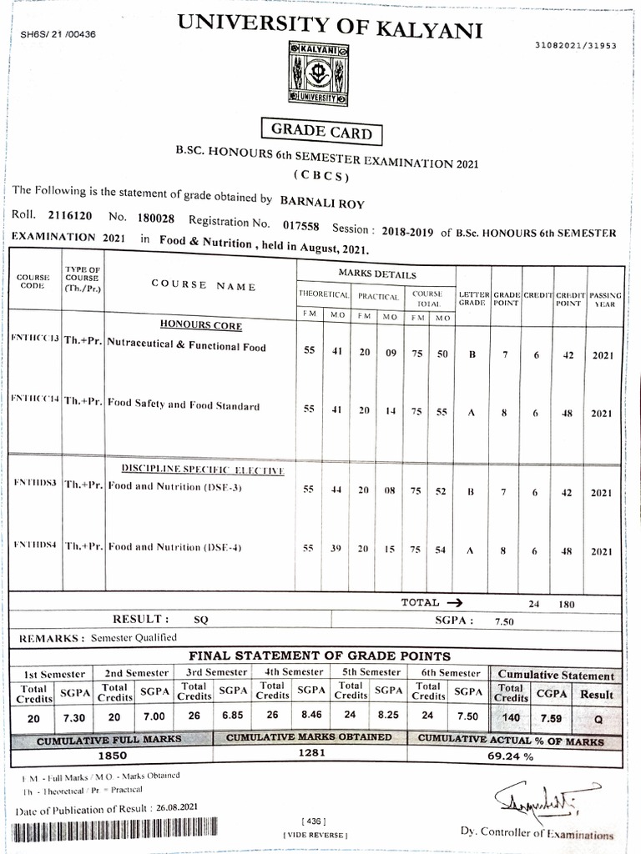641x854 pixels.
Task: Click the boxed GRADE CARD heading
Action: click(x=321, y=132)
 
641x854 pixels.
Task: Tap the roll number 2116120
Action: click(x=72, y=216)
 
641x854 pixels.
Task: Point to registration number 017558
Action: click(x=300, y=225)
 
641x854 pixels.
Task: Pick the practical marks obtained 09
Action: click(x=389, y=354)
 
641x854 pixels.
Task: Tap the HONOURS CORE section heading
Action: click(x=201, y=325)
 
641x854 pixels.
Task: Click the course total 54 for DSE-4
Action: click(x=442, y=550)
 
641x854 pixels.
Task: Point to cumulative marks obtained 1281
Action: click(x=310, y=753)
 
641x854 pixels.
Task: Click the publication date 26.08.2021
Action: click(x=177, y=808)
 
